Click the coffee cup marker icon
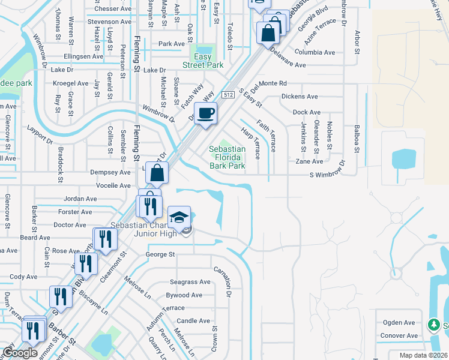[x=206, y=113]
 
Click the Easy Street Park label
[x=203, y=61]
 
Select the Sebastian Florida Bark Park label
[x=227, y=157]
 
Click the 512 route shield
[x=228, y=95]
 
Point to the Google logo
[x=20, y=353]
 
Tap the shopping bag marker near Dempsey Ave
[x=157, y=173]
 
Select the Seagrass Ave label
[x=190, y=282]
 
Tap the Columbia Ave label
[x=315, y=53]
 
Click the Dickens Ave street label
[x=300, y=97]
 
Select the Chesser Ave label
[x=112, y=9]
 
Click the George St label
[x=160, y=254]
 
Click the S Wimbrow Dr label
[x=328, y=175]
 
